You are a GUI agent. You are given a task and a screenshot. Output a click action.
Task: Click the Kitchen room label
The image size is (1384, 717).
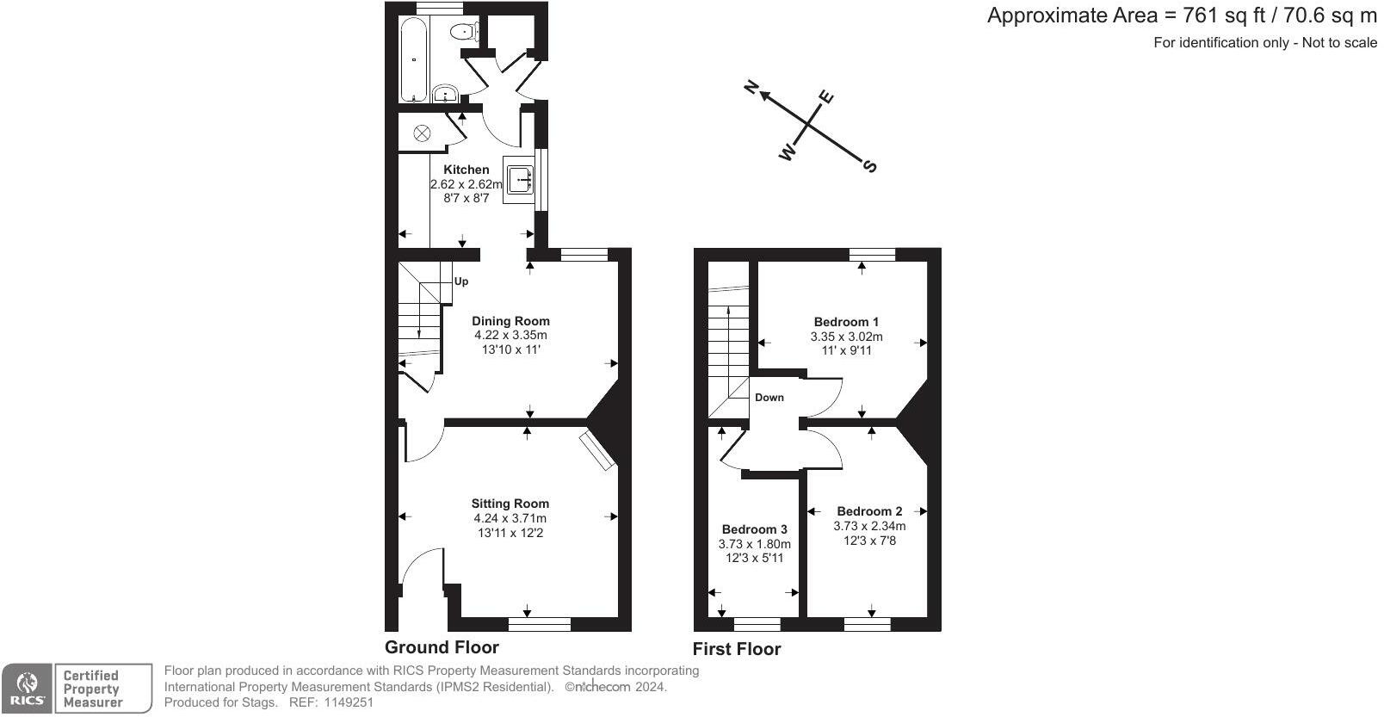(466, 170)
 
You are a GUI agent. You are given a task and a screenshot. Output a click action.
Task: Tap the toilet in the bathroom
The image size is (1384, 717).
(463, 33)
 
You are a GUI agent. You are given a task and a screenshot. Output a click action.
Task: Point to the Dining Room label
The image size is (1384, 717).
(510, 321)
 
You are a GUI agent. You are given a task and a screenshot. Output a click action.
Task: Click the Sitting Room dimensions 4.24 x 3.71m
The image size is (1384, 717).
(510, 518)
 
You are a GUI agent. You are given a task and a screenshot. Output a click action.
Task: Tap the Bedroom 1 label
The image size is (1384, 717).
(846, 322)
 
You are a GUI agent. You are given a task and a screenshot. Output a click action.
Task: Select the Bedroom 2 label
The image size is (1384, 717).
(869, 511)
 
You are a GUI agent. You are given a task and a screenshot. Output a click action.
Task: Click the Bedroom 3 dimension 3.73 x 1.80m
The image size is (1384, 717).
(754, 544)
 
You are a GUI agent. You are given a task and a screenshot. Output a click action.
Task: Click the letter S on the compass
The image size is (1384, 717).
(870, 165)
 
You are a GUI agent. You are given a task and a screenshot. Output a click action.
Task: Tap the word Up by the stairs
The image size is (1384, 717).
(461, 281)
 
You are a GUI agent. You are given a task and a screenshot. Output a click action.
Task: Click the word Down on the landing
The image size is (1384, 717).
(769, 398)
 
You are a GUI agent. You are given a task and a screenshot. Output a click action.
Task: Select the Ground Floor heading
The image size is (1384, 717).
(442, 647)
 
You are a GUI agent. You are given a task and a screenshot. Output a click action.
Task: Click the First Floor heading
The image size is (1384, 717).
(737, 649)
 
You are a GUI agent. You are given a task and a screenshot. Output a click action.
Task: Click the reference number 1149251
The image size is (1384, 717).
(349, 702)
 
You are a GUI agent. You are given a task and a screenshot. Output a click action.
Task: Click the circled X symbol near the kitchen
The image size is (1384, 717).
(423, 133)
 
